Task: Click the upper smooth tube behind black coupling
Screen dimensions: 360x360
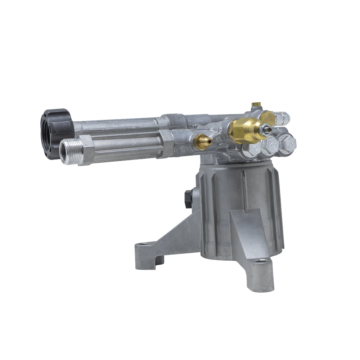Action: tap(119, 124)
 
